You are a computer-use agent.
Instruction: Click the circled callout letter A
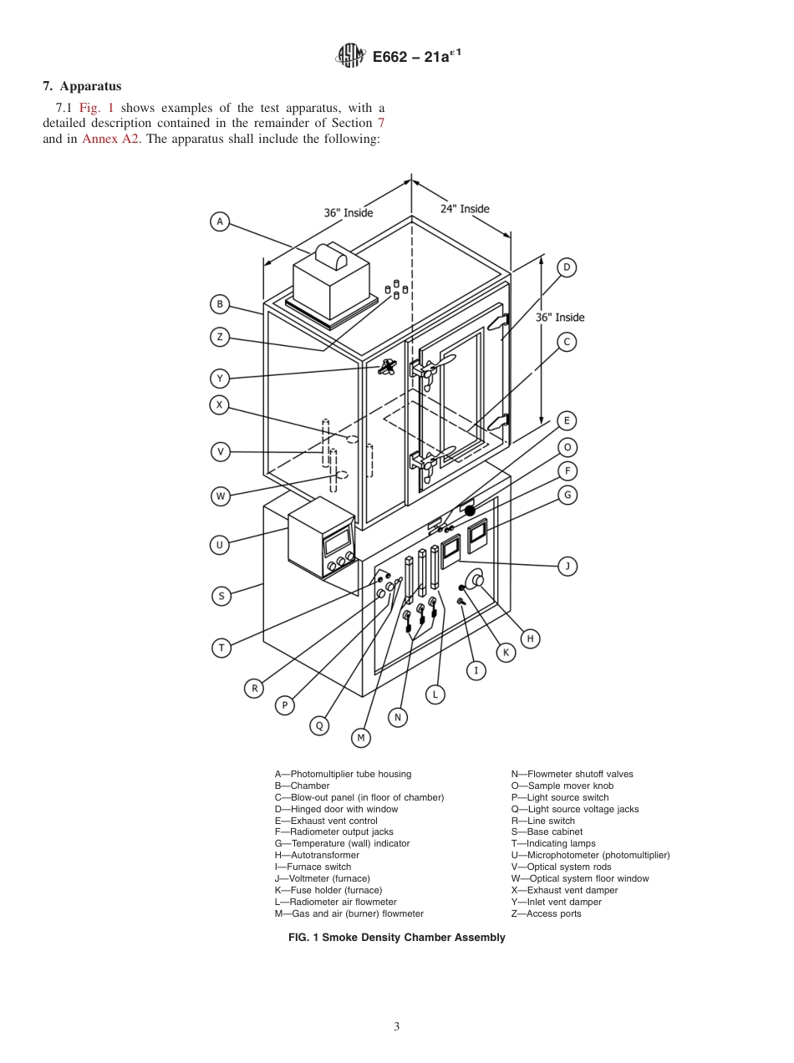(x=220, y=221)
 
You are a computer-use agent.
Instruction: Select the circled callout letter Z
(x=220, y=337)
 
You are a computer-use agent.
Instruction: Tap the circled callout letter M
(x=361, y=737)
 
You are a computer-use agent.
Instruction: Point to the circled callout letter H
(x=529, y=638)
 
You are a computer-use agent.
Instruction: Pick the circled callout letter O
(x=567, y=446)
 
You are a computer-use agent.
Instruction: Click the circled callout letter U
(x=220, y=545)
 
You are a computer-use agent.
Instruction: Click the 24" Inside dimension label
(x=465, y=208)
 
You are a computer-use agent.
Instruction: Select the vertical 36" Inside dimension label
(x=560, y=318)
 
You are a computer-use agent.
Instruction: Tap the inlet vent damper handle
(x=388, y=366)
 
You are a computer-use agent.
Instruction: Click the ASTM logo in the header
(x=350, y=56)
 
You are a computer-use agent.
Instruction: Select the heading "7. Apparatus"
(x=82, y=86)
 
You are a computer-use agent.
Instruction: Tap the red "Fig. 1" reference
(x=96, y=107)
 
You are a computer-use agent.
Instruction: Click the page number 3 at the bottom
(x=397, y=1027)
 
